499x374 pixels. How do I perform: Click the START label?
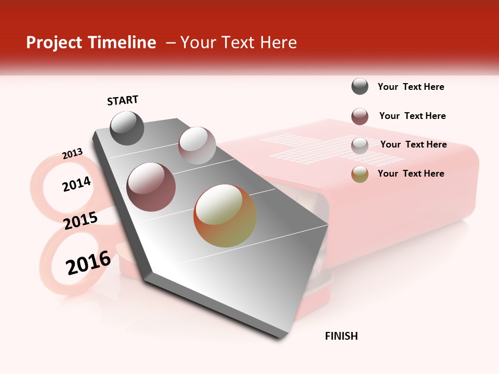123,100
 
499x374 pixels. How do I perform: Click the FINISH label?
341,336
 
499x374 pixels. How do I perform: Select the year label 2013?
72,154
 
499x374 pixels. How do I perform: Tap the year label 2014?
76,184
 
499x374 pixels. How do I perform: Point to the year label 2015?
81,221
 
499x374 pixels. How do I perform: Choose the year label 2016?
88,262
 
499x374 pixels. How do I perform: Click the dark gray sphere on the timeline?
127,128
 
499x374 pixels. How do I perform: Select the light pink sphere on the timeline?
197,145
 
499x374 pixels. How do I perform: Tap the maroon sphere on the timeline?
151,186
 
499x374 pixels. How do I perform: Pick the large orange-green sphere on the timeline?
225,216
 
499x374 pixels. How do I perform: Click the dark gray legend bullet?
360,87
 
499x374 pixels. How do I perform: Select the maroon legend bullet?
360,116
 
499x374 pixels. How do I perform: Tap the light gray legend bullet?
360,145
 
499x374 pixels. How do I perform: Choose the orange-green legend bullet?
360,175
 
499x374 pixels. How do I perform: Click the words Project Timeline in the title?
91,43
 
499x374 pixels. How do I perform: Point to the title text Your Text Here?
239,43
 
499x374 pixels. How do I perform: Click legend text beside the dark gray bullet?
411,87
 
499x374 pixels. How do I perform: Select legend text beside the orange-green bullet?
411,173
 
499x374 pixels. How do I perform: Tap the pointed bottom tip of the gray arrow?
281,338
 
